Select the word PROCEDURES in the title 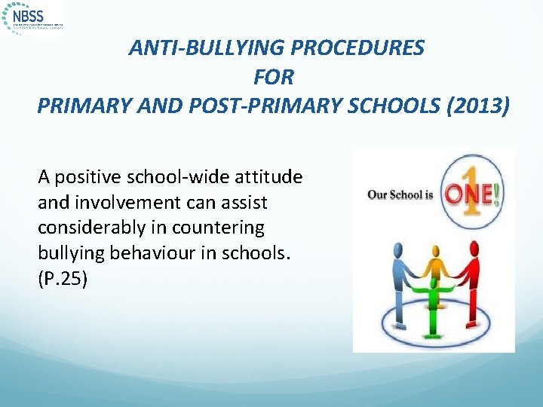(x=355, y=48)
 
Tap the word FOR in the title (x=274, y=77)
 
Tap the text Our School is (x=400, y=194)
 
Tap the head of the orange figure (x=435, y=244)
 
